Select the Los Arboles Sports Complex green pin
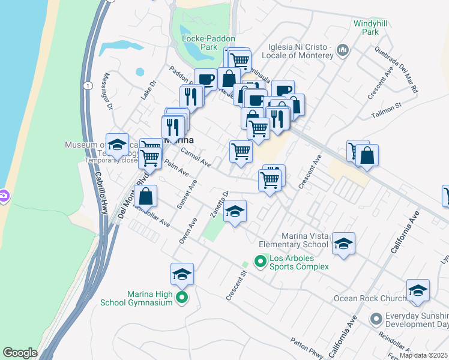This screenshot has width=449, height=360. [260, 261]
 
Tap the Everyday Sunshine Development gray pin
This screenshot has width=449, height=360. [376, 319]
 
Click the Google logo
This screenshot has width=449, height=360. [20, 353]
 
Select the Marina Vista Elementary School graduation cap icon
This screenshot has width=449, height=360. [343, 243]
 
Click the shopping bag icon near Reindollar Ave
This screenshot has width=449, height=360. [146, 196]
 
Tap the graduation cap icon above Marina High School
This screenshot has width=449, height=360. [182, 274]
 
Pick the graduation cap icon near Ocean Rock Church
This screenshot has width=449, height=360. [418, 290]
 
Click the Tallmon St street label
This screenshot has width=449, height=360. [386, 109]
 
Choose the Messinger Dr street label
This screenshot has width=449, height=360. [109, 93]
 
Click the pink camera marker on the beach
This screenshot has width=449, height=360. [3, 196]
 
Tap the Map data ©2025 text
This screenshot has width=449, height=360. [424, 355]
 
